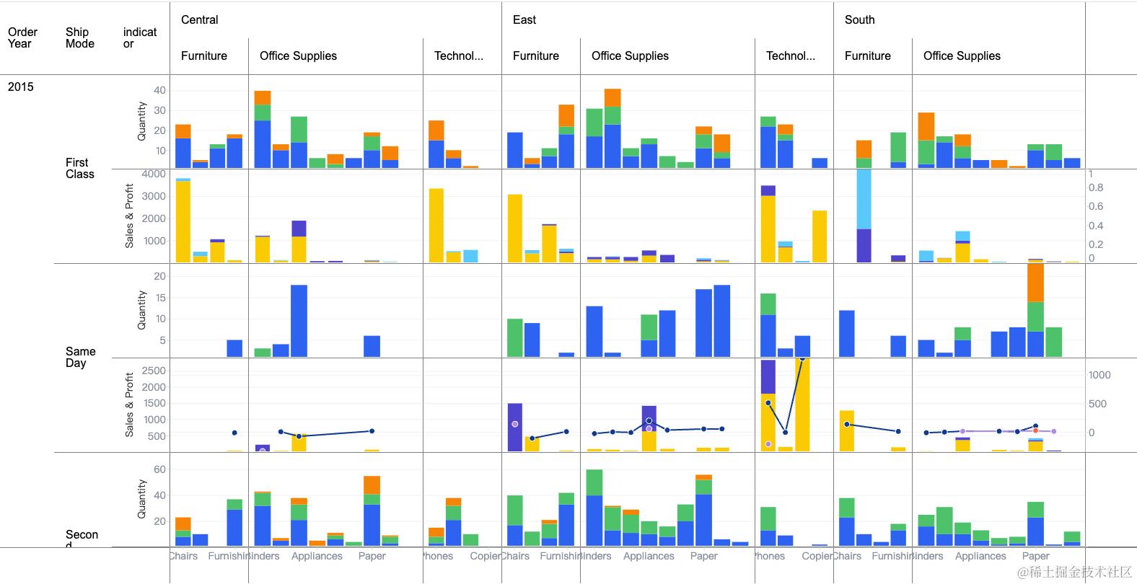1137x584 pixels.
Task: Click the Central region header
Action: [x=200, y=20]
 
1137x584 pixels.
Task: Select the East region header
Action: [x=524, y=20]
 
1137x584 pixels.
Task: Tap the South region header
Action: [x=859, y=20]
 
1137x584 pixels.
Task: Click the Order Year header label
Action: [x=22, y=37]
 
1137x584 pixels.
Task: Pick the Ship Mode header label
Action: [x=79, y=37]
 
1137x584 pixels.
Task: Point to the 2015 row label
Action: [x=21, y=87]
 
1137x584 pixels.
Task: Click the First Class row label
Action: [x=79, y=168]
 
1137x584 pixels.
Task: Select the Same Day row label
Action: [x=80, y=357]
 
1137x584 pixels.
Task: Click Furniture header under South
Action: [x=867, y=56]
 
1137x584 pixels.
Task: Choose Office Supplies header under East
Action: [x=630, y=56]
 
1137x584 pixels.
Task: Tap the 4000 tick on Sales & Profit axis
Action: [x=154, y=174]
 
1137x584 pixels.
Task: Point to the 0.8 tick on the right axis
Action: [x=1096, y=187]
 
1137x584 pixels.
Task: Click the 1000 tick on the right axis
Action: [x=1099, y=375]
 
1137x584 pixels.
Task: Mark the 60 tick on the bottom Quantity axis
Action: [x=159, y=469]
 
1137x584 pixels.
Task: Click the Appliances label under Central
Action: [x=317, y=556]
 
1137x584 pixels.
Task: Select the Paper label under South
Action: [x=1035, y=556]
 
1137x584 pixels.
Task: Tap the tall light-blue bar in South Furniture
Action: [x=864, y=199]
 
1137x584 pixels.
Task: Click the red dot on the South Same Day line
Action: [x=1035, y=430]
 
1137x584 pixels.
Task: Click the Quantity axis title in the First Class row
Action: [x=142, y=120]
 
